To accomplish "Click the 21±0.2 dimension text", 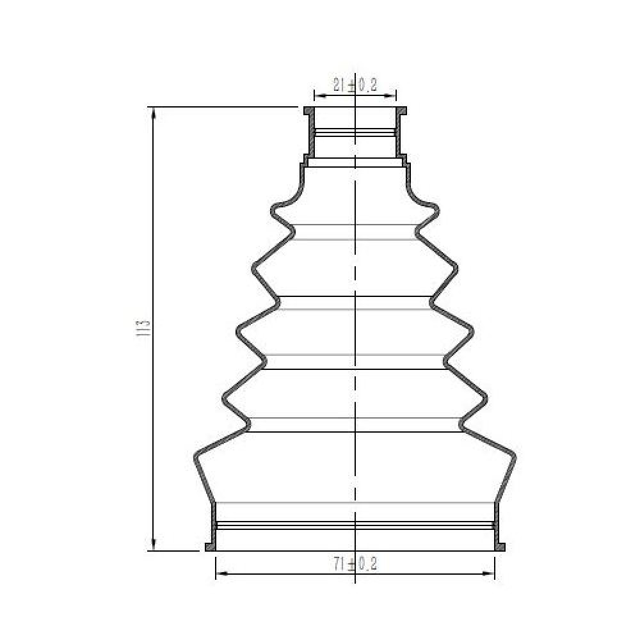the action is pyautogui.click(x=355, y=85).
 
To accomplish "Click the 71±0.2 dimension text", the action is pyautogui.click(x=355, y=564).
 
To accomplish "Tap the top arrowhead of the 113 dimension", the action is pyautogui.click(x=154, y=113).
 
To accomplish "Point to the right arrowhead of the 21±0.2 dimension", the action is pyautogui.click(x=390, y=97).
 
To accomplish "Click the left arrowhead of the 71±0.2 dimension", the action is pyautogui.click(x=221, y=573).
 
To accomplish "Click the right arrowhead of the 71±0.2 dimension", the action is pyautogui.click(x=488, y=573).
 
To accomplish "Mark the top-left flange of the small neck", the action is pyautogui.click(x=309, y=111).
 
